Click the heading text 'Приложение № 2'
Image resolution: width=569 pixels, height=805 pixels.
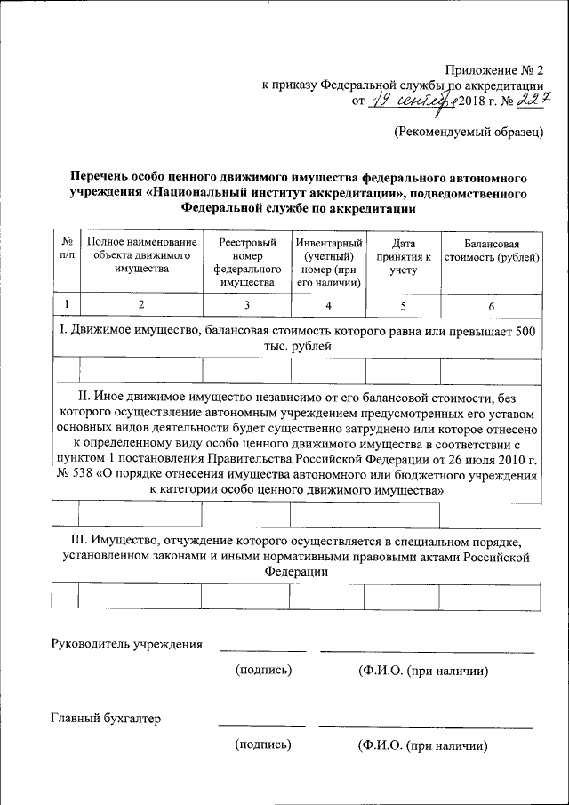point(493,68)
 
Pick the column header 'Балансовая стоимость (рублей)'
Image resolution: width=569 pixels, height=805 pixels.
point(491,251)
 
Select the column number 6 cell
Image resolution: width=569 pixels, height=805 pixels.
point(491,305)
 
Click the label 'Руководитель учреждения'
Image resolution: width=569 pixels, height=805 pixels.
point(127,644)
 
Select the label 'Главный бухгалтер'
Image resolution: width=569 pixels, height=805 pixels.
point(106,719)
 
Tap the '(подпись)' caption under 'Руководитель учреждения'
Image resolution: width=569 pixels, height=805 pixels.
point(263,671)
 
